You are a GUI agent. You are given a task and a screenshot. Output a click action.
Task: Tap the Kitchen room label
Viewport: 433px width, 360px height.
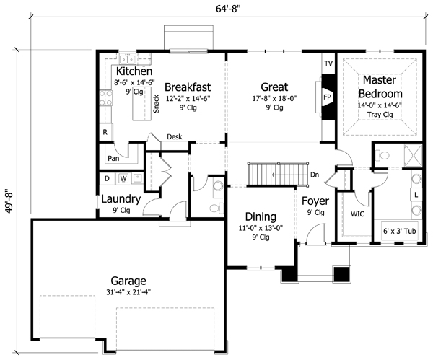(x=134, y=72)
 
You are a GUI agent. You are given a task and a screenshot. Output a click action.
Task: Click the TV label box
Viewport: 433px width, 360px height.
(x=328, y=64)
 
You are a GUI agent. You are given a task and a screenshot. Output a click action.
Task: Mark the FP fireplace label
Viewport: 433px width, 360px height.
(x=327, y=95)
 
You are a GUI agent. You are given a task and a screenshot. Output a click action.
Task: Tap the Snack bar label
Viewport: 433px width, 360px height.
(x=155, y=106)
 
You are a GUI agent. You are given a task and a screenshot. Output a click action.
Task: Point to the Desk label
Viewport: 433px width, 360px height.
(x=174, y=136)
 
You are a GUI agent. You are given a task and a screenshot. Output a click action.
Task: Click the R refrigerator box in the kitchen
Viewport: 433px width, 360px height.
(x=105, y=133)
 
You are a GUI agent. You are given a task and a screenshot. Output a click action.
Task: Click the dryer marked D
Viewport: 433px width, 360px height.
(x=108, y=178)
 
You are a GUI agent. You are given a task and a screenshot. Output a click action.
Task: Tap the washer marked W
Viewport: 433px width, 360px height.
(x=123, y=178)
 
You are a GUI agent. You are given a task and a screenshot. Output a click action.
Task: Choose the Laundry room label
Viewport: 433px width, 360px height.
(x=120, y=198)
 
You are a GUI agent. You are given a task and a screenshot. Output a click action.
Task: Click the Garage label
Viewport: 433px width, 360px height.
(x=129, y=281)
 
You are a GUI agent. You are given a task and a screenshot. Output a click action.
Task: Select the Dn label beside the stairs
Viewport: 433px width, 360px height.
(x=314, y=175)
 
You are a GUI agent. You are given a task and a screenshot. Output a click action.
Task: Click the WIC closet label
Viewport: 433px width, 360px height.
(x=357, y=214)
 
